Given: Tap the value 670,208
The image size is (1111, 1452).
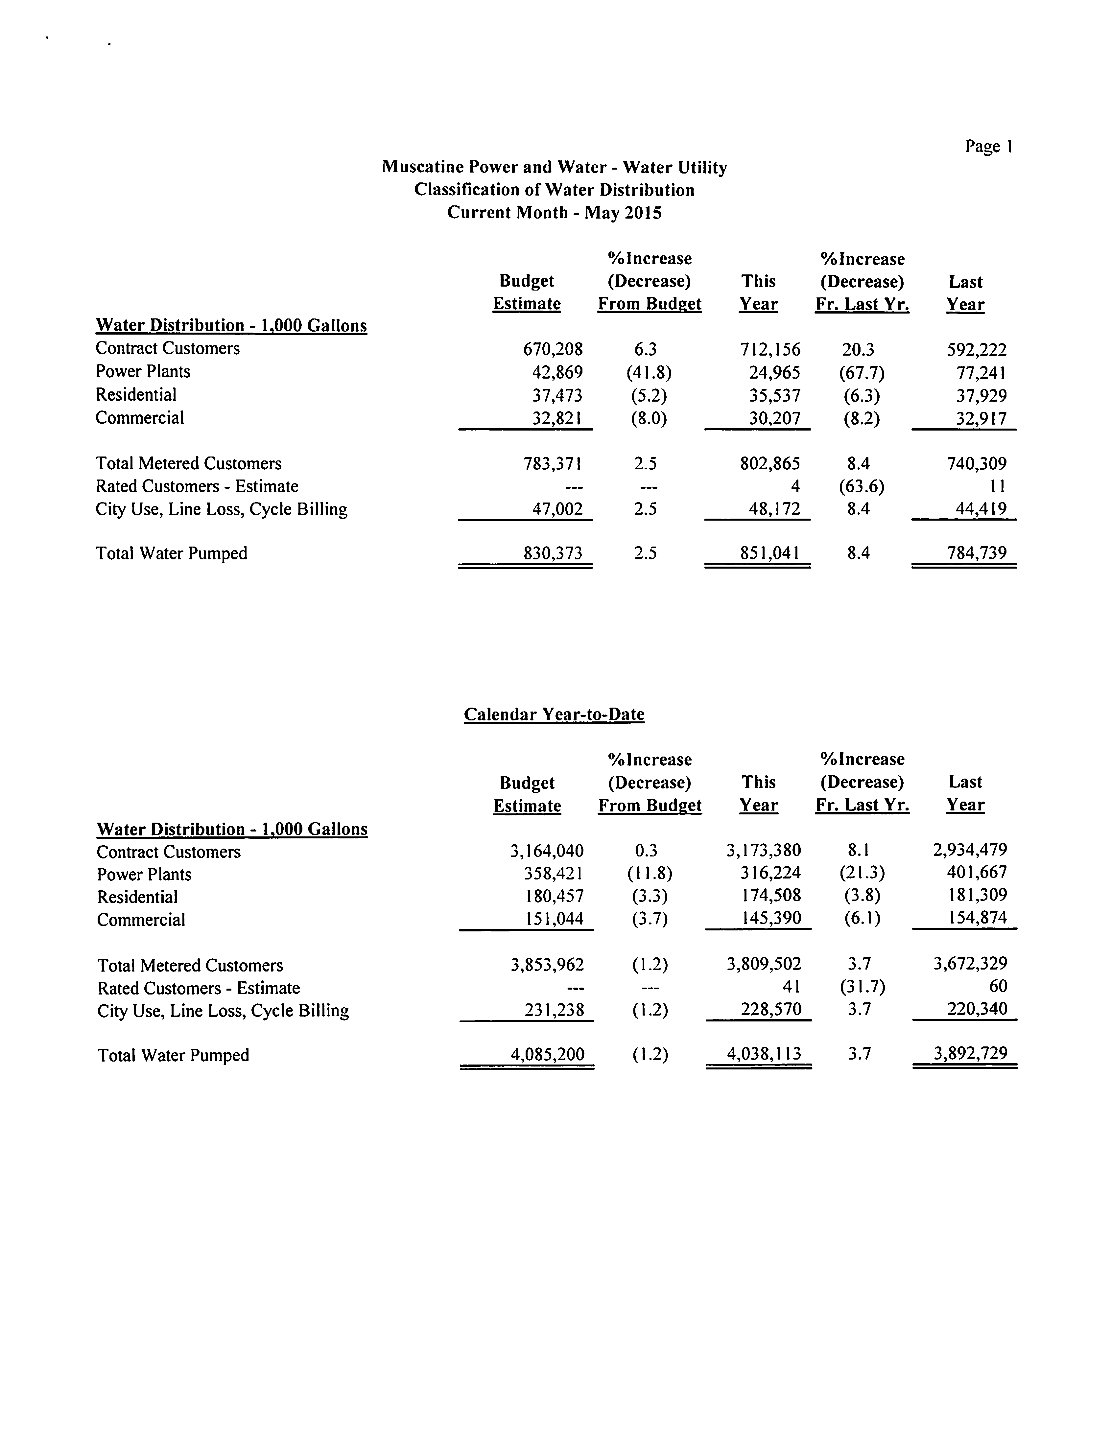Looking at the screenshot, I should [x=553, y=349].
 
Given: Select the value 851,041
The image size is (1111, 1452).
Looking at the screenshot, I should [x=770, y=553].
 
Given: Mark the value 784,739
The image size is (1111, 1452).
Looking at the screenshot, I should [x=977, y=553].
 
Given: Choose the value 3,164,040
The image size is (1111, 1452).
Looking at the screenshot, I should [x=547, y=850].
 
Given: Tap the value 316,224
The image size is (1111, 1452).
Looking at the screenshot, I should [x=770, y=873].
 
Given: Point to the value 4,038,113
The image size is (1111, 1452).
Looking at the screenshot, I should [x=764, y=1054].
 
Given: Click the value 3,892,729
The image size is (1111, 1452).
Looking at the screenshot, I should [x=970, y=1054].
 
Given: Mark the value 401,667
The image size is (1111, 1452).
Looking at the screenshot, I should [x=977, y=873].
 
